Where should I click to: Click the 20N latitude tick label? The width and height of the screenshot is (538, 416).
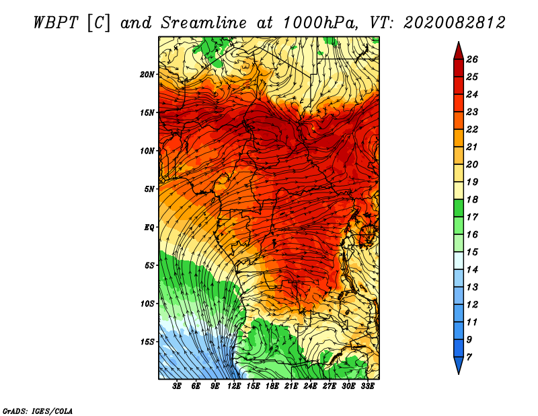pyautogui.click(x=147, y=75)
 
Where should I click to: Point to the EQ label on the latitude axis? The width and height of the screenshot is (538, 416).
pyautogui.click(x=149, y=228)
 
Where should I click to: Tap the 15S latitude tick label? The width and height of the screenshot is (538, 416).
pyautogui.click(x=147, y=342)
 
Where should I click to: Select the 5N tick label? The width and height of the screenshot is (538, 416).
pyautogui.click(x=149, y=189)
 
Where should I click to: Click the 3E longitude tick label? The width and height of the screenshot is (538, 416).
pyautogui.click(x=177, y=386)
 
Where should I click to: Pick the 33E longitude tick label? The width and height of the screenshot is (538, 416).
pyautogui.click(x=367, y=386)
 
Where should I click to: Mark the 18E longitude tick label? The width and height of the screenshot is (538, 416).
pyautogui.click(x=272, y=386)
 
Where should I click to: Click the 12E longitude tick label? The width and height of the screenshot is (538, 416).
pyautogui.click(x=234, y=386)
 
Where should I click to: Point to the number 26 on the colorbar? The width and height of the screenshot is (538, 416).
pyautogui.click(x=472, y=59)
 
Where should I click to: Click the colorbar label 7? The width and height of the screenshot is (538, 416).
pyautogui.click(x=469, y=357)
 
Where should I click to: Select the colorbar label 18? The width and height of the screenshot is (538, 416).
pyautogui.click(x=472, y=199)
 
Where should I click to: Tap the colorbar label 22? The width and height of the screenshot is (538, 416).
pyautogui.click(x=472, y=129)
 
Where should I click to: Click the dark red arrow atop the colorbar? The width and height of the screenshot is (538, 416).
pyautogui.click(x=459, y=52)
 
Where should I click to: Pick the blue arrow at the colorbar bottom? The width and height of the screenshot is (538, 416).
pyautogui.click(x=459, y=365)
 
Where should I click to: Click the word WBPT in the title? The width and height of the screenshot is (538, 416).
pyautogui.click(x=56, y=23)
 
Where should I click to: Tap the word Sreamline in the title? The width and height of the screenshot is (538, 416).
pyautogui.click(x=204, y=23)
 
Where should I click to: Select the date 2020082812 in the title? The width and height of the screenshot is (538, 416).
pyautogui.click(x=455, y=23)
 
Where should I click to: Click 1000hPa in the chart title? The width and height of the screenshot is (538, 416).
pyautogui.click(x=319, y=23)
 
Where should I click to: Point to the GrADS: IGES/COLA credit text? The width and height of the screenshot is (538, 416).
pyautogui.click(x=38, y=411)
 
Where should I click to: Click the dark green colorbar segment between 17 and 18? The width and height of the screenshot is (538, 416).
pyautogui.click(x=459, y=208)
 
